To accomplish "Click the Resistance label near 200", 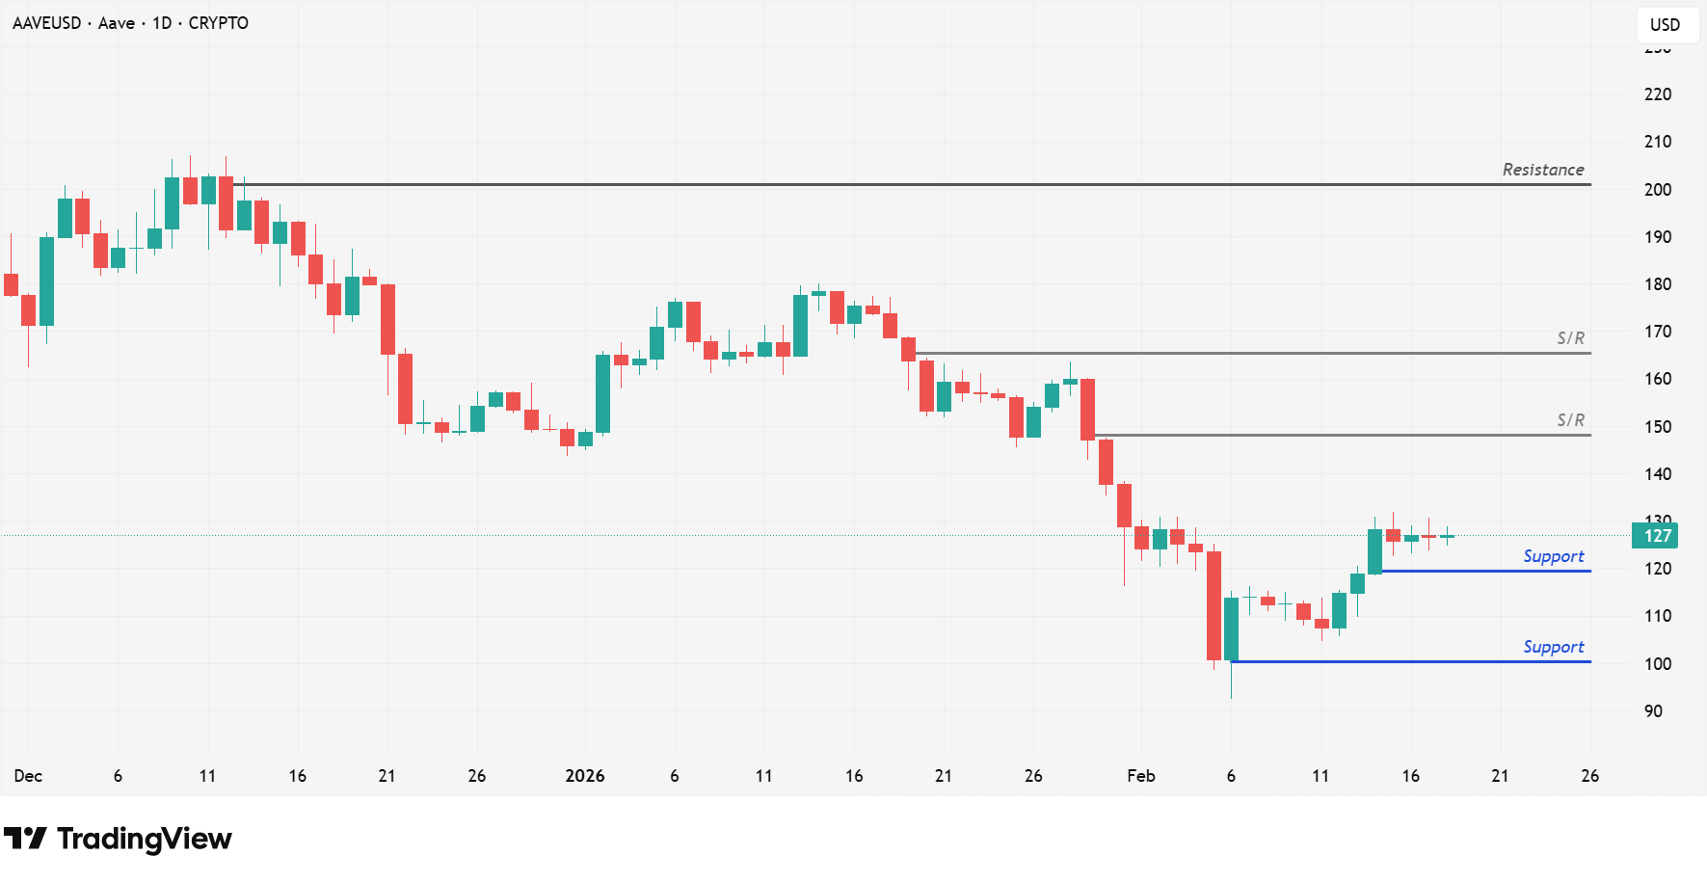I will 1542,170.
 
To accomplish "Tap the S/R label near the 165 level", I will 1570,338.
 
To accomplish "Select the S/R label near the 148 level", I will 1570,420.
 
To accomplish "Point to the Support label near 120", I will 1553,556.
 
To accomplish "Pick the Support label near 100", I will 1553,647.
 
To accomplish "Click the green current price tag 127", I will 1656,536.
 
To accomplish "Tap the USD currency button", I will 1665,25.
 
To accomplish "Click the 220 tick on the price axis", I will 1657,94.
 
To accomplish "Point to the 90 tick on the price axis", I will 1653,711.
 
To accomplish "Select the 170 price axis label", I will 1657,332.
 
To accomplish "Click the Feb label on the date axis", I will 1140,776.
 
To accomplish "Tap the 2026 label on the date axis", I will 584,776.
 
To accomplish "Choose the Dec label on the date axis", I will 28,776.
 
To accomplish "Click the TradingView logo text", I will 144,839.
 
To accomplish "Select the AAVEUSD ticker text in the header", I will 46,23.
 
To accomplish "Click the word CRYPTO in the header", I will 218,23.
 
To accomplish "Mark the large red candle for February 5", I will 1214,605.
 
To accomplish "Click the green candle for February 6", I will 1231,628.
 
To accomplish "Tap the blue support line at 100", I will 1407,661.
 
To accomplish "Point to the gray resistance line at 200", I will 867,184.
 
